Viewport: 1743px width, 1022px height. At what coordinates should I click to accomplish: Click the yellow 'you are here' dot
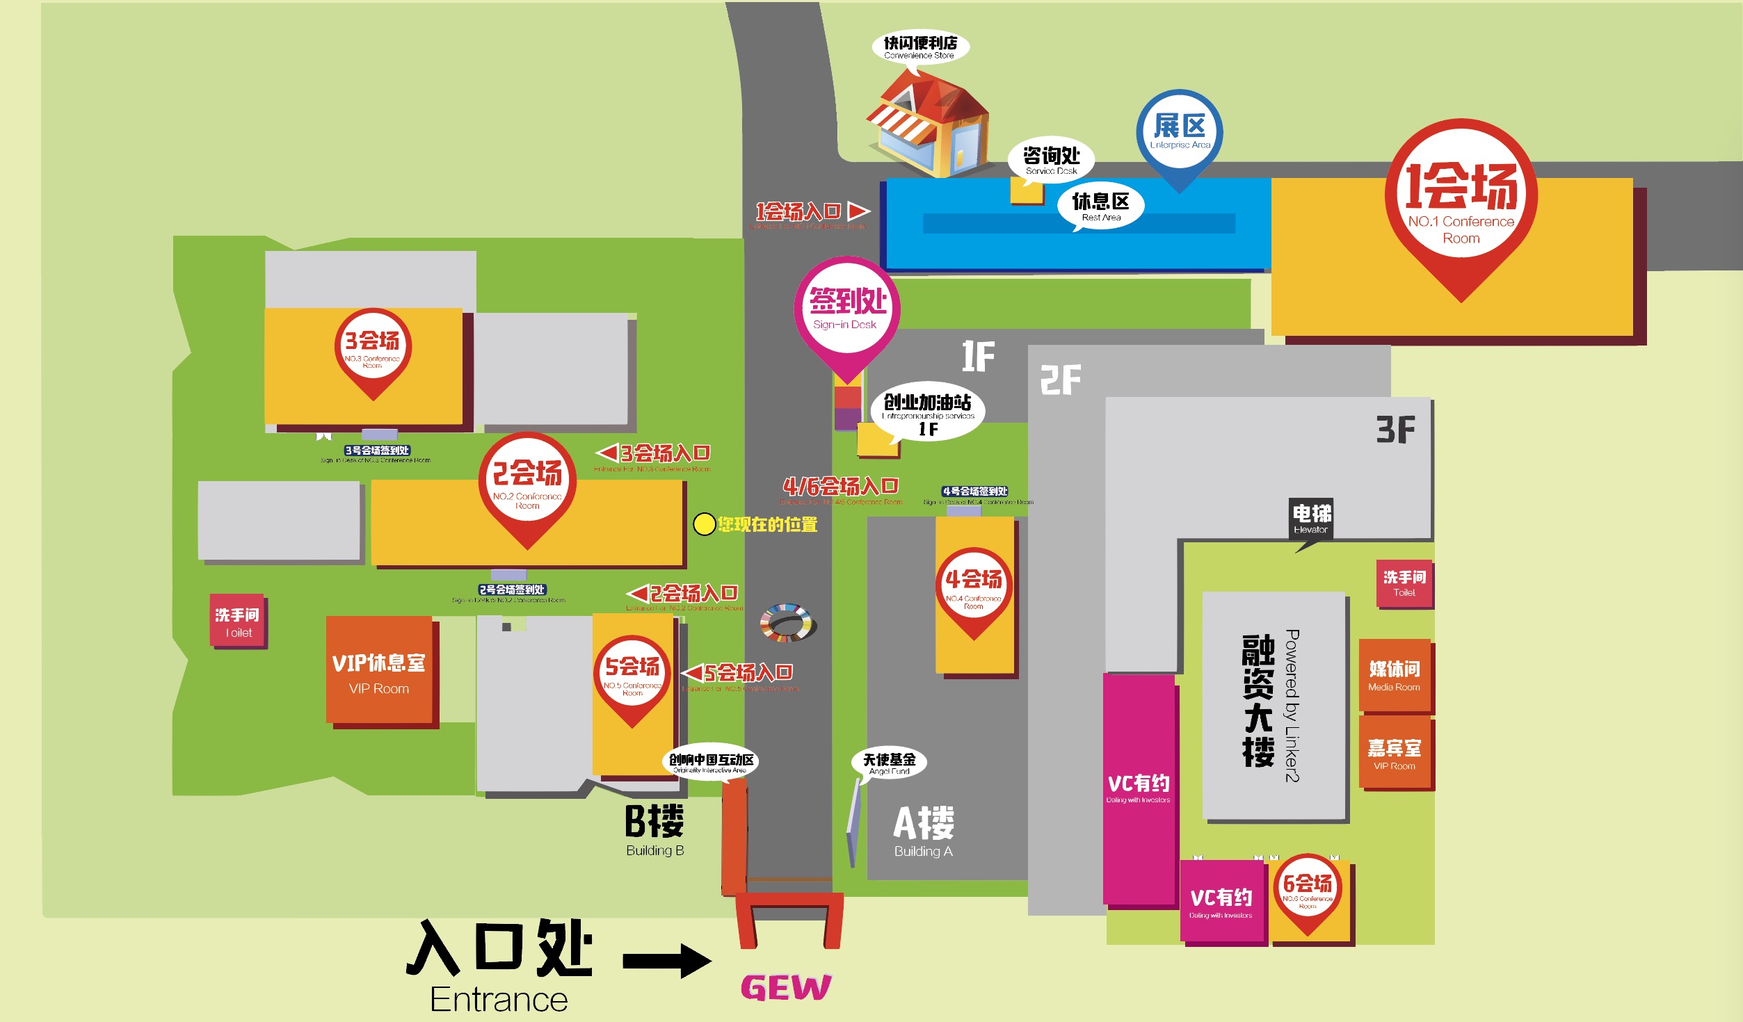(704, 524)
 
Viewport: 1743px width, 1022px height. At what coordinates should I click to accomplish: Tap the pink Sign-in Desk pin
(846, 311)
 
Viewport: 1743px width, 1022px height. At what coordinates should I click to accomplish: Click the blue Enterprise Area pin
(1180, 132)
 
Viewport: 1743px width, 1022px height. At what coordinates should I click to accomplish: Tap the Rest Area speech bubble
(1100, 206)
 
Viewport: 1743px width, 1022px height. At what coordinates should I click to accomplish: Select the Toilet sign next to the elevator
(1404, 583)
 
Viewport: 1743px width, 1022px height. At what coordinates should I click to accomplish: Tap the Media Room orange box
(1394, 676)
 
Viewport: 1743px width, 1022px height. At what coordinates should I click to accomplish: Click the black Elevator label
(1311, 519)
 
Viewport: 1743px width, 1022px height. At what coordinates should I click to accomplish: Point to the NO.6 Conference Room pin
(1308, 890)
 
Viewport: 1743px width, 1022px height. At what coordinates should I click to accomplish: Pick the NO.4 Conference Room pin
(973, 587)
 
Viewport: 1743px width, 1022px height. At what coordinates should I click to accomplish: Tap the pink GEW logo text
(786, 987)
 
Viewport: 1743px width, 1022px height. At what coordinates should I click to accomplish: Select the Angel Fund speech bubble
(889, 763)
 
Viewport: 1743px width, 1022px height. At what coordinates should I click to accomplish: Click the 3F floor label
(1395, 430)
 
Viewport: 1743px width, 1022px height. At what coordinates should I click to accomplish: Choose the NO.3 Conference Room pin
(373, 348)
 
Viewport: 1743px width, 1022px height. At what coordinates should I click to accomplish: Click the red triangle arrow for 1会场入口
(858, 211)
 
